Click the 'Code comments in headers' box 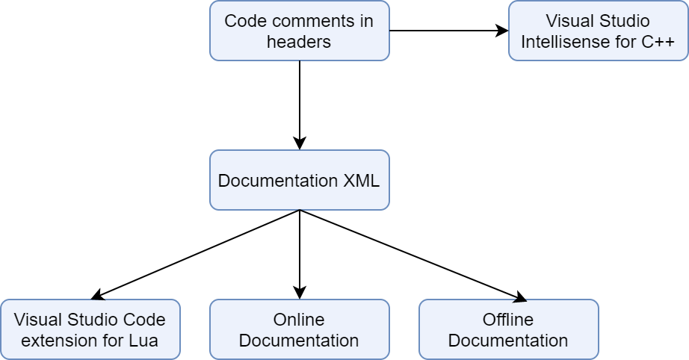(299, 31)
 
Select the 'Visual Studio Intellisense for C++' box (598, 31)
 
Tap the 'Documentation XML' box (299, 180)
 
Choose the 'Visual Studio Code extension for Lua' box (90, 329)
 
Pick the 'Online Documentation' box (299, 329)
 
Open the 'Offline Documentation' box (508, 329)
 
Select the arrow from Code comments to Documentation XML (299, 105)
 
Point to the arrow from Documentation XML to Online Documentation (299, 254)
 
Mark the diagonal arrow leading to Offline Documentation (411, 254)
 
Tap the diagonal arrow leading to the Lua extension (194, 254)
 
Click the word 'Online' (299, 320)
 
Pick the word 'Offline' (508, 320)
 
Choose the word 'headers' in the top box (299, 42)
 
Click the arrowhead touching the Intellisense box (503, 31)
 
